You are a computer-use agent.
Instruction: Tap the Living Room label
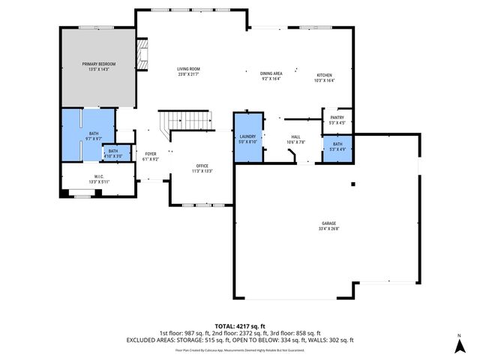[188, 68]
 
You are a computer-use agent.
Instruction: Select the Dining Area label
[271, 73]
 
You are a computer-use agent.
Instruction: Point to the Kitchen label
[324, 75]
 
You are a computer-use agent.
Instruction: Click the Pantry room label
[337, 117]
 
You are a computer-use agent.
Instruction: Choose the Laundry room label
[247, 136]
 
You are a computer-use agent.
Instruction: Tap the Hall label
[295, 136]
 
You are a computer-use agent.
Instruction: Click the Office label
[201, 166]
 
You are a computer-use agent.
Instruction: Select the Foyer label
[151, 153]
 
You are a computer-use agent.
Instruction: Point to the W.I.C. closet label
[99, 177]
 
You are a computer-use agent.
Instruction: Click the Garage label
[328, 223]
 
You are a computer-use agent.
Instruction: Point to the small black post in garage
[352, 184]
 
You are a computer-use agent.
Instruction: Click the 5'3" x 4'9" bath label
[337, 143]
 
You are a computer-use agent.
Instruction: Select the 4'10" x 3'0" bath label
[112, 151]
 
